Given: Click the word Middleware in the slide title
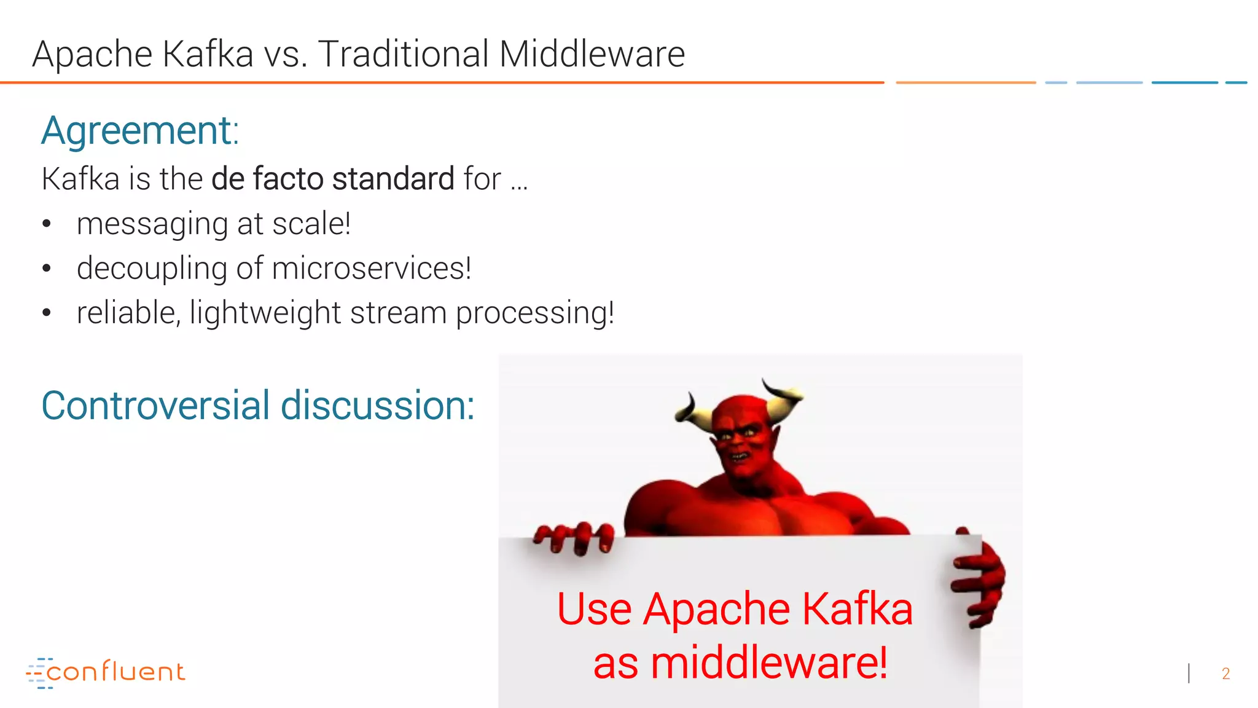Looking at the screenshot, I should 592,54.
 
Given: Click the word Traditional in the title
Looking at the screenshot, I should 403,54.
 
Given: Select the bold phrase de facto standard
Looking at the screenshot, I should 332,179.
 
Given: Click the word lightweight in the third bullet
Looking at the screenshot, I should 265,313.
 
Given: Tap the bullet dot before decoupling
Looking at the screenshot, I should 47,269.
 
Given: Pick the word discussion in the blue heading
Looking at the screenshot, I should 377,406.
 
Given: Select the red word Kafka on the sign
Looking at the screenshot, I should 857,609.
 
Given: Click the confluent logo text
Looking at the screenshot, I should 115,672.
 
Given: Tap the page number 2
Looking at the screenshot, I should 1225,674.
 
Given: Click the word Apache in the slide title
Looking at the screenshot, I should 92,54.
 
